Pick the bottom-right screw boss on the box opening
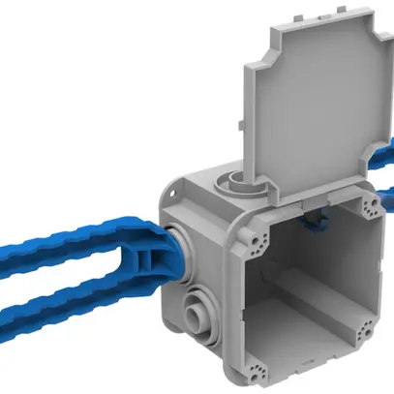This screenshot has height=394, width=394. pyautogui.click(x=365, y=330)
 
